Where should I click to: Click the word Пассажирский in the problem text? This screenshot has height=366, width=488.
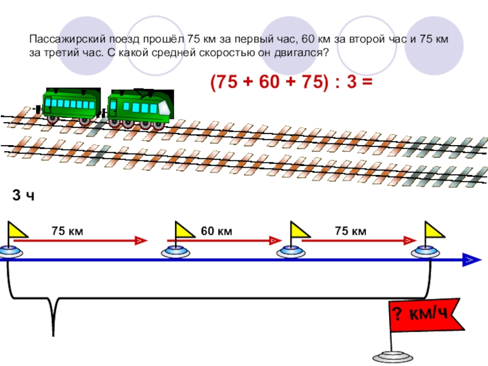click(x=68, y=40)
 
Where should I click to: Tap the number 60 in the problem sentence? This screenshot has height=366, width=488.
click(x=309, y=39)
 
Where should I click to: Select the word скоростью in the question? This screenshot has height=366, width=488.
click(x=226, y=53)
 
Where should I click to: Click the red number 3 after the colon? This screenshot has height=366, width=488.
click(x=351, y=82)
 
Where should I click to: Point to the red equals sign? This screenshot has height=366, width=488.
click(x=367, y=82)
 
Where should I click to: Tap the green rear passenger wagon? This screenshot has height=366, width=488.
click(x=71, y=106)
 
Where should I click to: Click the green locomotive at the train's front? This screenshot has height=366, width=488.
click(x=140, y=109)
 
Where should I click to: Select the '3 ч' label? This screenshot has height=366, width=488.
click(x=23, y=195)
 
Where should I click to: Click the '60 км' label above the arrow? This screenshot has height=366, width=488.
click(x=217, y=231)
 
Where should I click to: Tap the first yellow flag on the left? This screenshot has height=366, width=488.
click(x=18, y=230)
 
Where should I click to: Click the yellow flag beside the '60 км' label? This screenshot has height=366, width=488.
click(x=185, y=230)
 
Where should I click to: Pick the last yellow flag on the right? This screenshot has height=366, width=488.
click(x=434, y=230)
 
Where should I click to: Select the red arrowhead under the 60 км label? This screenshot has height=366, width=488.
click(x=276, y=240)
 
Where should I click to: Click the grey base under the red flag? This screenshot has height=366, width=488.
click(x=393, y=357)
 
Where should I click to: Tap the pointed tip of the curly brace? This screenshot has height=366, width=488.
click(x=54, y=335)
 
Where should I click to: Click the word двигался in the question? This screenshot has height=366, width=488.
click(x=301, y=53)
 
